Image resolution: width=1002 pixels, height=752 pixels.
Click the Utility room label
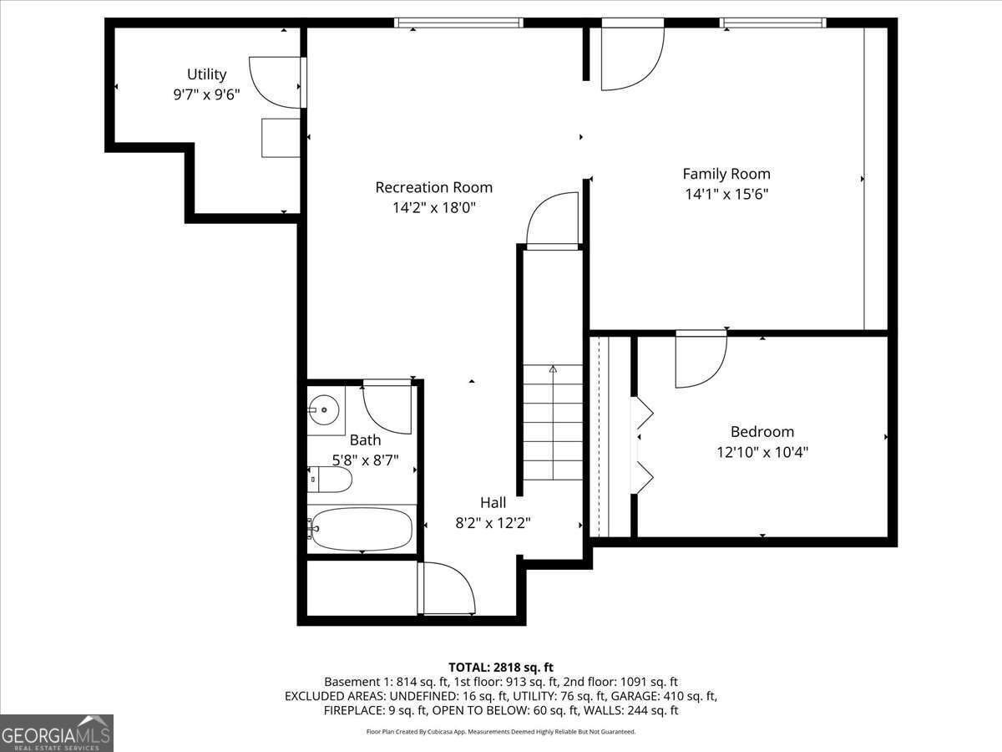(x=206, y=75)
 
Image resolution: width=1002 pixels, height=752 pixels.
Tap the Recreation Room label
(x=433, y=187)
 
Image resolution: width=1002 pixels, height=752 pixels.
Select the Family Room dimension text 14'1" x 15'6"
(x=726, y=194)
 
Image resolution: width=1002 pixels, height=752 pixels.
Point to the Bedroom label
(x=762, y=432)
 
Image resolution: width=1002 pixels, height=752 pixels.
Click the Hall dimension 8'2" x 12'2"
(x=493, y=523)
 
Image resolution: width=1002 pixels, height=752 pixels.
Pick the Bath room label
(x=365, y=440)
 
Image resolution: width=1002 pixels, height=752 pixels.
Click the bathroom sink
(x=324, y=409)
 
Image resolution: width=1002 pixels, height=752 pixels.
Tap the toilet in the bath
(x=331, y=480)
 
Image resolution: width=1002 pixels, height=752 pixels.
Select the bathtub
(x=361, y=529)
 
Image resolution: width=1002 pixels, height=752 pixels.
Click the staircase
(x=553, y=422)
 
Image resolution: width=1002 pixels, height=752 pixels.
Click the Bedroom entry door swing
(x=700, y=359)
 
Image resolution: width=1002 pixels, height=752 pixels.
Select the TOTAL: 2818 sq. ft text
(x=501, y=667)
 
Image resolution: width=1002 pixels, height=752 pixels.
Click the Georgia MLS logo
(x=57, y=733)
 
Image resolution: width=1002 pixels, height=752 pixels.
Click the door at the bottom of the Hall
(x=447, y=590)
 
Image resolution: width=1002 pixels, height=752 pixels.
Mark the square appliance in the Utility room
(x=281, y=138)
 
